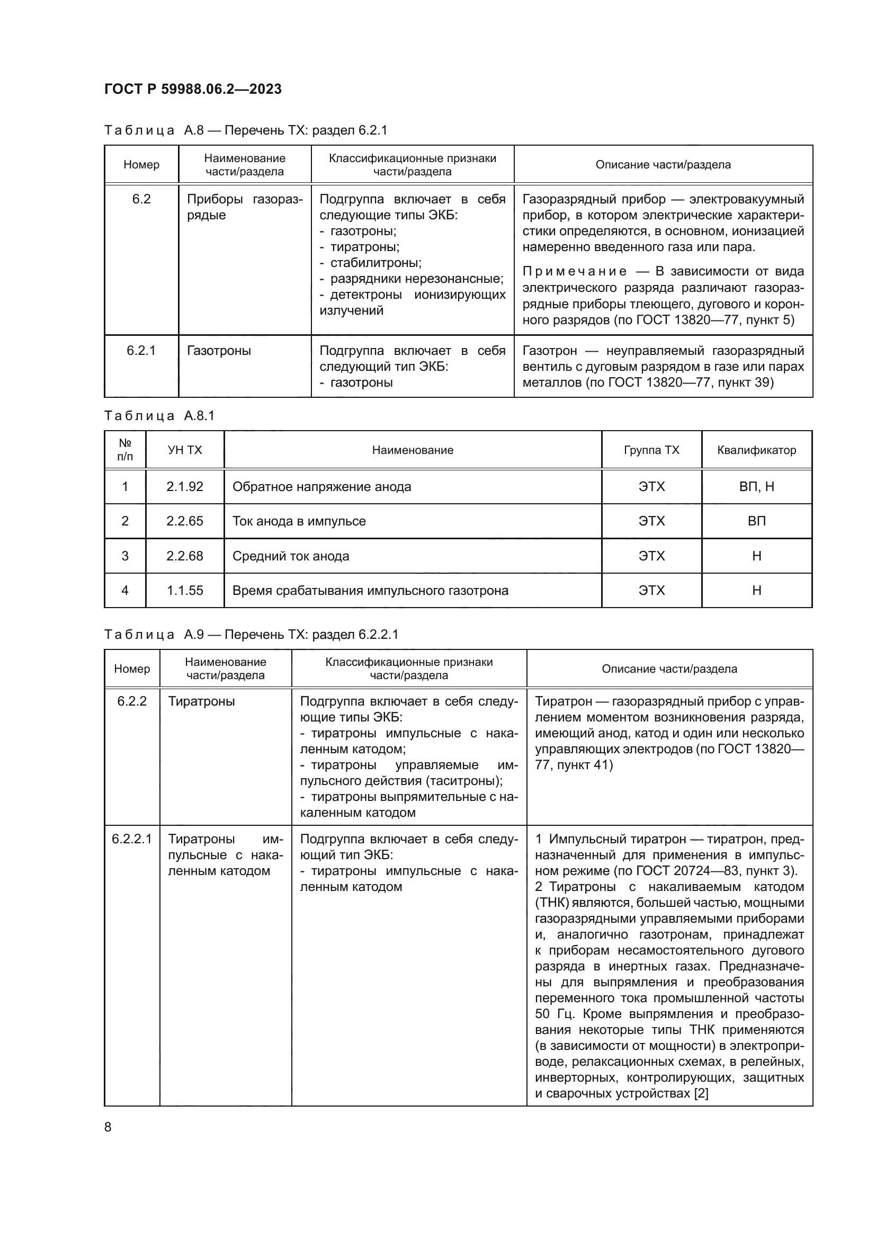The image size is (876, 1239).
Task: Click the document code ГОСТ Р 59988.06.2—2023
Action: tap(193, 89)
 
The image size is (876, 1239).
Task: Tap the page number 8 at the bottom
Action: tap(108, 1127)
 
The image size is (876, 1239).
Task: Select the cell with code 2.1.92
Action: tap(184, 487)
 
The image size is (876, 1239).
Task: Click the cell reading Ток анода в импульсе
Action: tap(299, 521)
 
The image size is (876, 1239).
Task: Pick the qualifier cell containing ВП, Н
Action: tap(756, 487)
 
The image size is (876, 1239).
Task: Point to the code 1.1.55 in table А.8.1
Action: tap(184, 590)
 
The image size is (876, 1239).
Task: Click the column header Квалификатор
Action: tap(756, 450)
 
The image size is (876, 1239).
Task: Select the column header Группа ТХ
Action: tap(651, 450)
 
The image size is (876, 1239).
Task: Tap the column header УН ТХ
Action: tap(184, 450)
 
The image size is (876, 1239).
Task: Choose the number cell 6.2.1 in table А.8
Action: tap(141, 351)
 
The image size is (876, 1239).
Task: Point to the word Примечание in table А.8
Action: tap(575, 271)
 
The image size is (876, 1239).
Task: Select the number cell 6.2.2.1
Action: tap(132, 839)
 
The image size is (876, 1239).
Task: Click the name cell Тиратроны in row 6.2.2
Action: tap(201, 701)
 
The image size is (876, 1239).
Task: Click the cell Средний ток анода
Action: tap(291, 556)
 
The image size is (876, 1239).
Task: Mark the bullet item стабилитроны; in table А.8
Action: tap(376, 263)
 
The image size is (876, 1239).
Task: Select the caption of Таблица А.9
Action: tap(251, 634)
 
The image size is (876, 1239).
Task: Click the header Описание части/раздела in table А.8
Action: tap(663, 165)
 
